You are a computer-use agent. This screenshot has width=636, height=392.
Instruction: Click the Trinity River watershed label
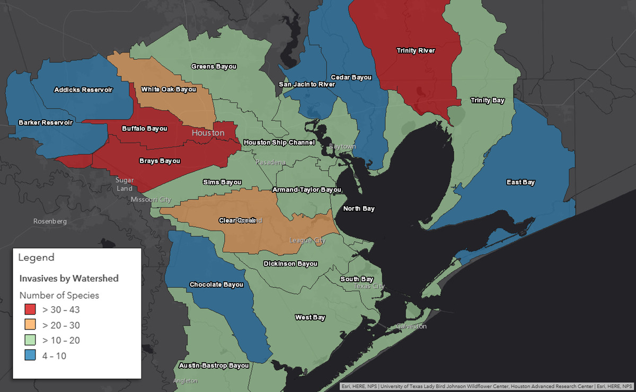(416, 51)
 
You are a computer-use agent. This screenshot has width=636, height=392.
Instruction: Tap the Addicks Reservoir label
(83, 90)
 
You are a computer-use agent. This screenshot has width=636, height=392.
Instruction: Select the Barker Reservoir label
(45, 122)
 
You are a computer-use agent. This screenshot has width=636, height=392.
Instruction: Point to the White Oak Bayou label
(169, 90)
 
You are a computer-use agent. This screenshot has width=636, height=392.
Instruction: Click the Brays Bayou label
(160, 161)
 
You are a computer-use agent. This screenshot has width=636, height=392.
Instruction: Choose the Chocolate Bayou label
(216, 285)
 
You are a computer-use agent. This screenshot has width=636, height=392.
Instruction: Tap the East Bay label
(520, 182)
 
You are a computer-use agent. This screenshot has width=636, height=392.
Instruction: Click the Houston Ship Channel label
(279, 142)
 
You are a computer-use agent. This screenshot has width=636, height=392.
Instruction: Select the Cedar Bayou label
(351, 77)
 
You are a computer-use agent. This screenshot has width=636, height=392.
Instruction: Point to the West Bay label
(310, 317)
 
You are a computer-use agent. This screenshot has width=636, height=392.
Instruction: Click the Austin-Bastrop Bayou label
(214, 366)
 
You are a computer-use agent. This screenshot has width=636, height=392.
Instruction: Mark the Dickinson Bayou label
(290, 264)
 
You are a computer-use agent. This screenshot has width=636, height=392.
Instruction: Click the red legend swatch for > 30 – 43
(30, 309)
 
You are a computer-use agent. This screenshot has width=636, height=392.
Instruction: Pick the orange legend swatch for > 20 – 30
(30, 325)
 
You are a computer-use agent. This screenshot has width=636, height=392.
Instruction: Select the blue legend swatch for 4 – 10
(30, 355)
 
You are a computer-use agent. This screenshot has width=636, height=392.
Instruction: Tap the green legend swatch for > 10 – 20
(30, 340)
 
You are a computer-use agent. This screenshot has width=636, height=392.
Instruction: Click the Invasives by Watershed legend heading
(69, 278)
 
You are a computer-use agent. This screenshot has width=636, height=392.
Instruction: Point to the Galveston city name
(411, 326)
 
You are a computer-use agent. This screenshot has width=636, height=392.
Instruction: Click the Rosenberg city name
(50, 221)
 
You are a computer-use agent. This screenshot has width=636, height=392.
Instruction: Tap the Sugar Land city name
(125, 184)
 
